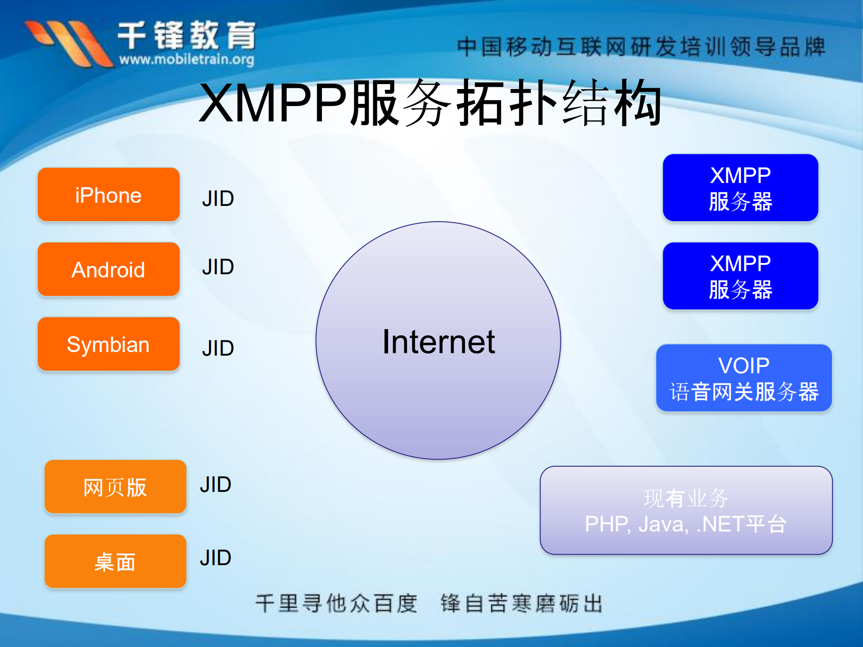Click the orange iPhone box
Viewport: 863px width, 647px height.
coord(108,195)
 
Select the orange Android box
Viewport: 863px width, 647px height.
coord(108,269)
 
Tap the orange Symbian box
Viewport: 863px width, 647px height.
coord(108,344)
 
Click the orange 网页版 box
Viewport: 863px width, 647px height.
coord(115,487)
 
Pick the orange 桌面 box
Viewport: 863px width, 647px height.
coord(115,562)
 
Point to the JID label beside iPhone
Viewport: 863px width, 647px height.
coord(218,198)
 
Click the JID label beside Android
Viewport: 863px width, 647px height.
coord(218,267)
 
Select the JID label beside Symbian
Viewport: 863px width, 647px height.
coord(218,348)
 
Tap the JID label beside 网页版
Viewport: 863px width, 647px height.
coord(215,485)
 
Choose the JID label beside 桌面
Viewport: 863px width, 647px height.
coord(215,558)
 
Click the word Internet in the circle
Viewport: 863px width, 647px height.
coord(438,342)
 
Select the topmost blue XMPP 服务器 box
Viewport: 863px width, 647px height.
coord(740,188)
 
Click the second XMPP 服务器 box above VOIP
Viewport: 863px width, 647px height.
coord(740,276)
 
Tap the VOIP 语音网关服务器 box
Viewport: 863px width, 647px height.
coord(744,378)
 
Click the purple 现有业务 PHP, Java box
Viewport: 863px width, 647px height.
coord(686,511)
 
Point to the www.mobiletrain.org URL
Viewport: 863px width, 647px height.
coord(187,59)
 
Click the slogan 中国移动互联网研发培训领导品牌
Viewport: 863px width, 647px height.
coord(641,47)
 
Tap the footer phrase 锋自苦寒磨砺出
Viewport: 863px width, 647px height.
coord(521,603)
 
